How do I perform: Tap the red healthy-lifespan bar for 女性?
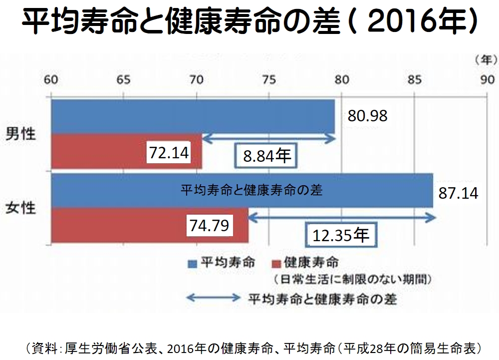(120, 226)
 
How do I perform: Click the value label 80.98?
(368, 116)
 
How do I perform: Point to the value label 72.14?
(169, 153)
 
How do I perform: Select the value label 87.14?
(458, 193)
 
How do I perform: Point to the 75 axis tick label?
(268, 80)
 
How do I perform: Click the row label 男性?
(21, 134)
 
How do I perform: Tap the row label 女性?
(21, 207)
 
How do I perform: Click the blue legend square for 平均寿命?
(192, 263)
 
